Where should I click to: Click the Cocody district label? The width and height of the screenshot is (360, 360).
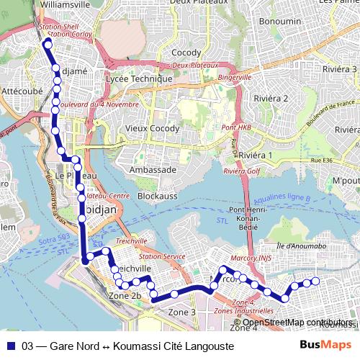[186, 53]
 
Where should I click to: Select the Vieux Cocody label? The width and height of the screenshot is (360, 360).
[151, 129]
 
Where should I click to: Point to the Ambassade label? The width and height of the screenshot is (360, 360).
[152, 169]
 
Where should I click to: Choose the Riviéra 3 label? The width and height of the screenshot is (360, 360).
[341, 69]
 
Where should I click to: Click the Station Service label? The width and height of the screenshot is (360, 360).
[162, 256]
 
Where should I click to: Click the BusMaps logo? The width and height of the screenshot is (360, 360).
[326, 345]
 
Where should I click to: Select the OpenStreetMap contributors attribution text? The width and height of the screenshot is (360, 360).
[297, 323]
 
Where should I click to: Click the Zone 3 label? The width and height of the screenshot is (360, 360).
[182, 312]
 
